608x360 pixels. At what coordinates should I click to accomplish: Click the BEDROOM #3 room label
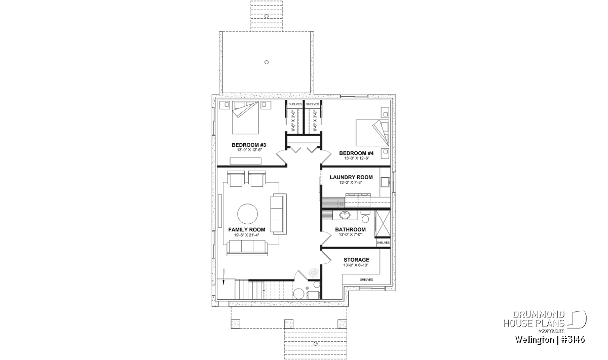249,145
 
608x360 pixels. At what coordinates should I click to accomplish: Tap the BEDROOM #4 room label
356,153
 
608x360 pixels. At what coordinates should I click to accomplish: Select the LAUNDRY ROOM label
351,177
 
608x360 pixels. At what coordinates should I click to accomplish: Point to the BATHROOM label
350,229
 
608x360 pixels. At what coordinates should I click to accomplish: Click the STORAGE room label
356,260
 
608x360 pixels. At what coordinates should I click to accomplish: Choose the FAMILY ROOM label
246,230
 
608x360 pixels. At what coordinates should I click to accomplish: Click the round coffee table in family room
247,214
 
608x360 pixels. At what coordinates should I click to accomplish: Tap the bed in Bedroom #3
245,118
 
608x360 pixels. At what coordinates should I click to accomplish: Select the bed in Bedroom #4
372,133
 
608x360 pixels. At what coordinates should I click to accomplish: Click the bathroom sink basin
345,215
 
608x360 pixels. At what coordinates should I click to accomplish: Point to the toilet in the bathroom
365,216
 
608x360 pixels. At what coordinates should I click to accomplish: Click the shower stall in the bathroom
383,224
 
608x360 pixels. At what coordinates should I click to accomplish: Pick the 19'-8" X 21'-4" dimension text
246,235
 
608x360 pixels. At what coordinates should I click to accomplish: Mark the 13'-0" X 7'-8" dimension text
351,183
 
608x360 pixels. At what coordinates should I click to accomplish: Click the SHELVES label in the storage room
366,279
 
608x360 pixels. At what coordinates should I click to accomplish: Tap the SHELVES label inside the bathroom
383,243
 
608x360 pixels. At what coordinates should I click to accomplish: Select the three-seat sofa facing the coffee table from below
247,248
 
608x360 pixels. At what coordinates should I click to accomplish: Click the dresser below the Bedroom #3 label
245,161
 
